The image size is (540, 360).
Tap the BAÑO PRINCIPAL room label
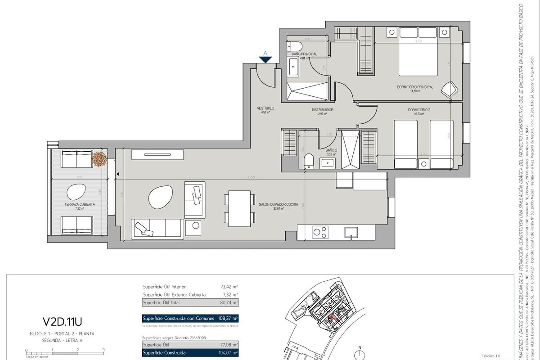pos(304,54)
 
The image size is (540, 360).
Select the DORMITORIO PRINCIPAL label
pos(415,87)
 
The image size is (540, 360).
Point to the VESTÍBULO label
pos(265,108)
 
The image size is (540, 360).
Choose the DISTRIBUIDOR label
pos(322,110)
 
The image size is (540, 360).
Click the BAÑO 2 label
pos(331,150)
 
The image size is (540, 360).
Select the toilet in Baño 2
pos(309,161)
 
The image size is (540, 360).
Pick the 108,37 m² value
pos(228,319)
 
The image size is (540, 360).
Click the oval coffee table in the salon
pos(160,197)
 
